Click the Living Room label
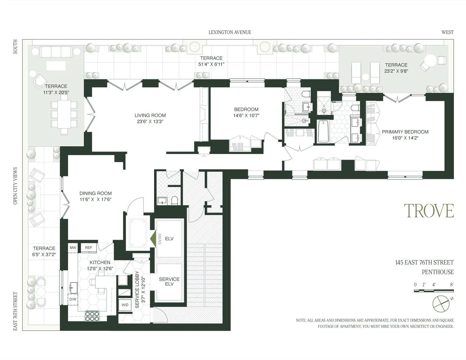click(150, 115)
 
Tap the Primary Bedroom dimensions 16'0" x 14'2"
click(405, 138)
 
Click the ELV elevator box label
click(169, 239)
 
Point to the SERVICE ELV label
click(169, 281)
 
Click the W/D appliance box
click(125, 305)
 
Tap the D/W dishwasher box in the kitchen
click(73, 299)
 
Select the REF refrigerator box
click(89, 248)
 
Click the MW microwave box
click(73, 248)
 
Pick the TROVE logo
click(429, 211)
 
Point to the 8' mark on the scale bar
click(451, 284)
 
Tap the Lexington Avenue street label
click(230, 32)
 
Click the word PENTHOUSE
click(437, 272)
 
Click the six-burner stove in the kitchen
click(92, 316)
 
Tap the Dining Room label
click(95, 193)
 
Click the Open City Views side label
click(15, 186)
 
